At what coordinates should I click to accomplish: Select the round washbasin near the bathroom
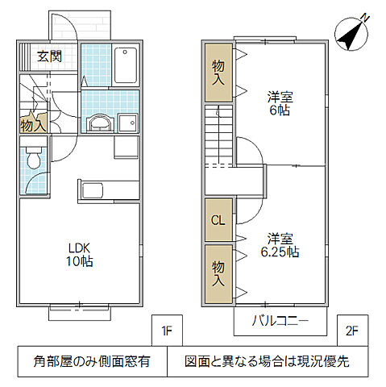click(99, 122)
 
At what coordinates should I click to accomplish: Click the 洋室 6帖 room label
click(281, 103)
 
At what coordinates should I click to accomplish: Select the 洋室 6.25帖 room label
click(281, 245)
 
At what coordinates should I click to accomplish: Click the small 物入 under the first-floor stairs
click(31, 126)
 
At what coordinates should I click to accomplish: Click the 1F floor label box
click(167, 330)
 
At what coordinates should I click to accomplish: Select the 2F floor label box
click(352, 330)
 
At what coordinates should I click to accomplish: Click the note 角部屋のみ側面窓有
click(91, 361)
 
